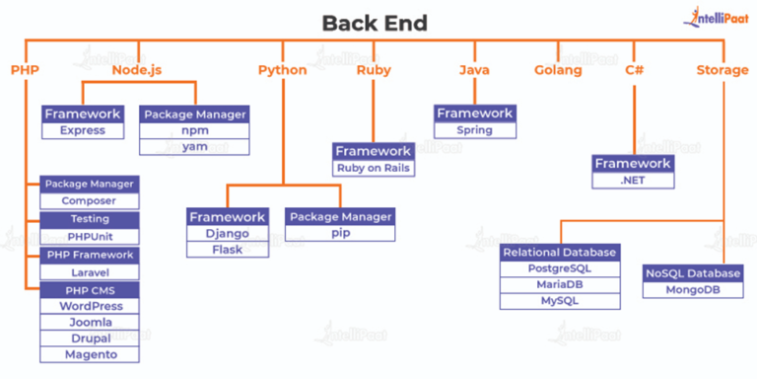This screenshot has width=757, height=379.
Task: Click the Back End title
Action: coord(376,22)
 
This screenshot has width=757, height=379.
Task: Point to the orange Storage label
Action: coord(723,70)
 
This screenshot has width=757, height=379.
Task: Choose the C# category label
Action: coord(635,70)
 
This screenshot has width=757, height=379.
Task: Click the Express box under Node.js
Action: coord(83,131)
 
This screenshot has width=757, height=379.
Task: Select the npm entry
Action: coord(193,131)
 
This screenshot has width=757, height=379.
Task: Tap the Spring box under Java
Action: coord(474,130)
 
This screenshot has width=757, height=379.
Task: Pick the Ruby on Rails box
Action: coord(373,168)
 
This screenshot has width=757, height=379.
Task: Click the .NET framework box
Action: coord(633,181)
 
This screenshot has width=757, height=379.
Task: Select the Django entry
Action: coord(228,234)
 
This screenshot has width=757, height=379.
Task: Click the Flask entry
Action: coord(228,250)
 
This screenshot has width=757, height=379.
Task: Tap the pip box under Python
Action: coord(339,234)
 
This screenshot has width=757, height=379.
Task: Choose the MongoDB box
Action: coord(693,290)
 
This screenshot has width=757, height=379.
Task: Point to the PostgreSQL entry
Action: coord(560,268)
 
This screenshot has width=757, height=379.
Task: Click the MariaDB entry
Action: coord(560,285)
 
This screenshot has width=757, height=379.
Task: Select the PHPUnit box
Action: coord(90,237)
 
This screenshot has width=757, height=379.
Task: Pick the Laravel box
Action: coord(90,272)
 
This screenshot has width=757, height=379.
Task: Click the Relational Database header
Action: coord(560,253)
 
